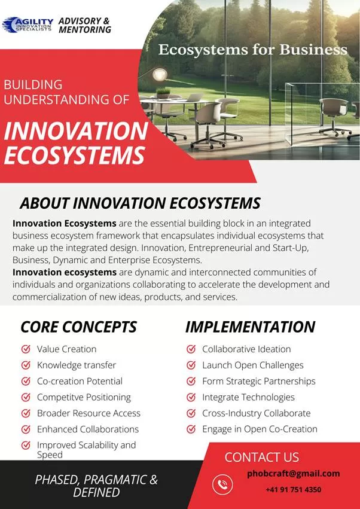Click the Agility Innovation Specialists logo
point(28,25)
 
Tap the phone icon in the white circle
point(222,484)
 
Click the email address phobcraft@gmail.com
point(294,474)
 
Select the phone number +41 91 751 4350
point(294,489)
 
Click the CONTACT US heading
point(262,457)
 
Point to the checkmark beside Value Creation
point(26,349)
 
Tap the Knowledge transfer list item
point(77,365)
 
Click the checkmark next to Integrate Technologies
point(191,397)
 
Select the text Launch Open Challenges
point(253,365)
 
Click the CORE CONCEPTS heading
point(78,327)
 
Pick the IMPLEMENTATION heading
point(251,327)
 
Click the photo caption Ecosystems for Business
point(253,50)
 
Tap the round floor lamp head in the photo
point(160,74)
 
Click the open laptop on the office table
point(194,97)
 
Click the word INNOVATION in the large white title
point(76,131)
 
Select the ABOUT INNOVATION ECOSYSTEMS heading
point(140,203)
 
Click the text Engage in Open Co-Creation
point(260,429)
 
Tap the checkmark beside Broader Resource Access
point(26,413)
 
